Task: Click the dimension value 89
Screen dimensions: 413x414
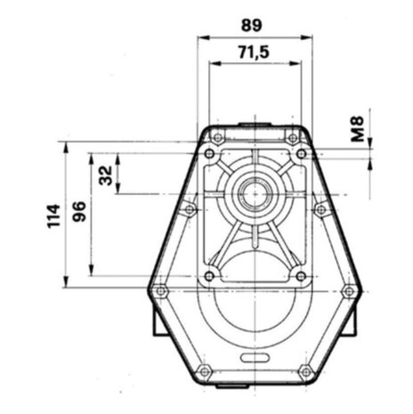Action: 252,25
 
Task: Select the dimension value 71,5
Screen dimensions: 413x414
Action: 254,53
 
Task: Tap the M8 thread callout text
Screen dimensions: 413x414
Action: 358,128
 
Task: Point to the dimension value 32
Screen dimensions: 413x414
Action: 106,175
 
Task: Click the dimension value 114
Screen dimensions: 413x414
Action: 54,215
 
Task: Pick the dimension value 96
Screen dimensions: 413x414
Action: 79,211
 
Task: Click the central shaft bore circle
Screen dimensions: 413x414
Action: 255,194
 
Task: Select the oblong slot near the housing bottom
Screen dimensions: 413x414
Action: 255,358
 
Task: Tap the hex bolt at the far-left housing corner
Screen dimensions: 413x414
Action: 160,290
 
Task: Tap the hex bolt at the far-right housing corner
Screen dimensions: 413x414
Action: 349,290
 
